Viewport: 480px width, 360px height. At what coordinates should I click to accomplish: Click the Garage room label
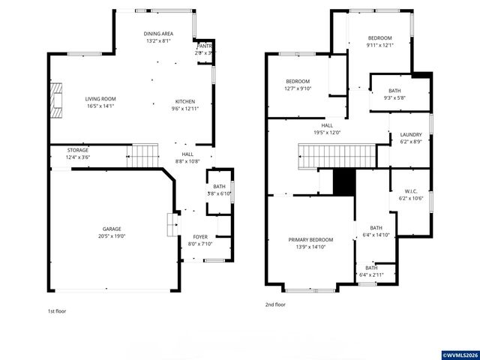pos(112,229)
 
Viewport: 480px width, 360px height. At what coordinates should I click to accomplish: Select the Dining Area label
pos(158,34)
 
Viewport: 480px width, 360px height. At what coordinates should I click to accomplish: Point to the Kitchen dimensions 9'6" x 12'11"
pos(186,109)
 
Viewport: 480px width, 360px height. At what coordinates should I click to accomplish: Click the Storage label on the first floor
pos(77,150)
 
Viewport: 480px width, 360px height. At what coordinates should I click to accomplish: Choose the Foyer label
pos(199,236)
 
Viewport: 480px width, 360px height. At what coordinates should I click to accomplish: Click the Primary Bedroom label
pos(310,240)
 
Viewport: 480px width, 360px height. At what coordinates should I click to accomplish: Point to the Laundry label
pos(400,134)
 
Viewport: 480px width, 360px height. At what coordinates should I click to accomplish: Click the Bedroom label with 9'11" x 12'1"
pos(379,37)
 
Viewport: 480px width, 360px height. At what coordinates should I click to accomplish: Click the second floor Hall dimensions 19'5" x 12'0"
pos(327,133)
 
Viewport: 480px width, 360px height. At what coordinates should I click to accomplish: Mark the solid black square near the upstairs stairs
pos(343,181)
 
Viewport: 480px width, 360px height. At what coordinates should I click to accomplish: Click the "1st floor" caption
pos(57,310)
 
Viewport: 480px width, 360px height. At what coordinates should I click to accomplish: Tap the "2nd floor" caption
pos(275,305)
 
